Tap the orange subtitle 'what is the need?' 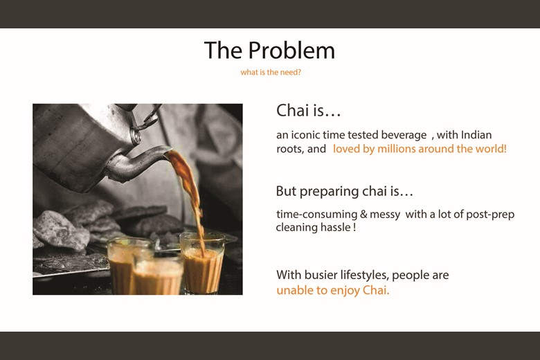tap(271, 73)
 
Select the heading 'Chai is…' tap(308, 111)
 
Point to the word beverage tap(404, 135)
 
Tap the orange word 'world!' tap(490, 149)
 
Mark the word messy tap(385, 215)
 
